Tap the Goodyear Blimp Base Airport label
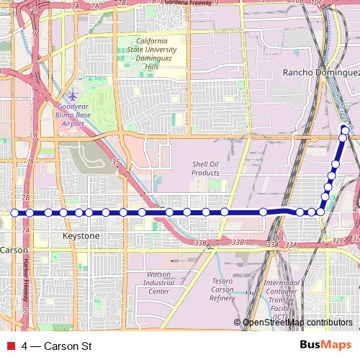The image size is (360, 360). click(73, 114)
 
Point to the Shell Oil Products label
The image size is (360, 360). click(205, 168)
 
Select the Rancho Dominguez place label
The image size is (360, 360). click(320, 73)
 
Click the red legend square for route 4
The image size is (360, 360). click(11, 346)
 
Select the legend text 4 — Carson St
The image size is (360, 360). click(57, 346)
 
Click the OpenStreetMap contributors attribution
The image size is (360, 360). click(297, 323)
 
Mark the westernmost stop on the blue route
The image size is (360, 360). click(14, 212)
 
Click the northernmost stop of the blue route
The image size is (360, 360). click(344, 130)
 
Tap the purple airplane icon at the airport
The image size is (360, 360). click(73, 96)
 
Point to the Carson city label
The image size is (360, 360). click(14, 251)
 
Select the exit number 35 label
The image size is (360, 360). click(115, 163)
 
